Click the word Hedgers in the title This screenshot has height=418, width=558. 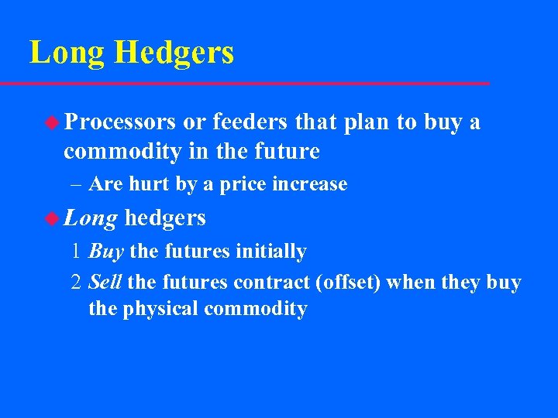point(174,53)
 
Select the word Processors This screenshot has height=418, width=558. point(120,122)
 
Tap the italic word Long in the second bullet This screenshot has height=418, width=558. point(91,218)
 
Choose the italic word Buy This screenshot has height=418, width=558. point(106,252)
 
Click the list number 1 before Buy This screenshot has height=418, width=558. point(75,252)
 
